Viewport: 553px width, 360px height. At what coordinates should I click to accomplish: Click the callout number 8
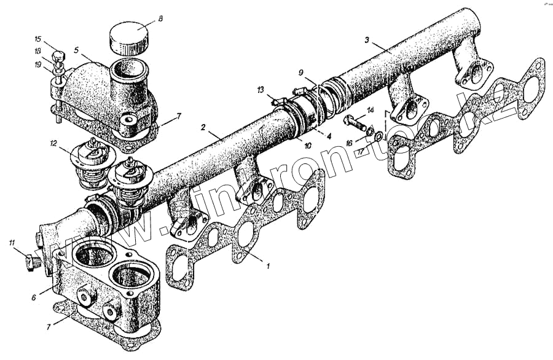160,19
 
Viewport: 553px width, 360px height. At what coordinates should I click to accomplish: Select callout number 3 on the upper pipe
366,41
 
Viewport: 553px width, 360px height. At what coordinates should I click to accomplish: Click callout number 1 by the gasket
268,266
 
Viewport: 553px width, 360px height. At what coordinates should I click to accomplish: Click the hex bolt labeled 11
29,263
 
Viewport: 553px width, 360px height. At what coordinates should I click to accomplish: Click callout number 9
301,72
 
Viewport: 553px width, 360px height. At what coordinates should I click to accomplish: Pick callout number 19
38,64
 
